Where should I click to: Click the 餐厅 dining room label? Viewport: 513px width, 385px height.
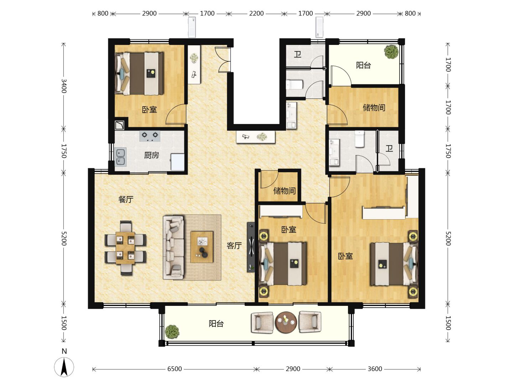[x=126, y=199]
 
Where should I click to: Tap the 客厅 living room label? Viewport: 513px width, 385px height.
[x=234, y=246]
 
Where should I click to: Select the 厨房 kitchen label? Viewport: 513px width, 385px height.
[x=151, y=155]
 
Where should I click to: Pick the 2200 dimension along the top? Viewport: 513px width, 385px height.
[x=256, y=14]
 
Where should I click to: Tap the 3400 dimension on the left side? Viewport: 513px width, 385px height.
[x=64, y=86]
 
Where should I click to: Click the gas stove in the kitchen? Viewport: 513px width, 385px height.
[x=150, y=136]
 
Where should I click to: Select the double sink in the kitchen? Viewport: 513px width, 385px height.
[x=121, y=157]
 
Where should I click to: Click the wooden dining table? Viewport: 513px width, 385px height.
[x=125, y=248]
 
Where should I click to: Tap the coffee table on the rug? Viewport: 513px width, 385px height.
[x=202, y=247]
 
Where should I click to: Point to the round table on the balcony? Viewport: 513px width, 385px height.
[x=286, y=322]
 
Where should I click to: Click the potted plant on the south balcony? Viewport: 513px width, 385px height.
[x=172, y=331]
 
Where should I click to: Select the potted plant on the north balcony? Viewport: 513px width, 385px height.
[x=392, y=52]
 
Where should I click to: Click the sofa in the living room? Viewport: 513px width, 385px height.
[x=173, y=247]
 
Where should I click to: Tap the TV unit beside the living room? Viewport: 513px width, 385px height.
[x=251, y=247]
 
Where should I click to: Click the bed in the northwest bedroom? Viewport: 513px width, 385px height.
[x=139, y=73]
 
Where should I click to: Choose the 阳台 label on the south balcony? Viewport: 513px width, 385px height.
[x=216, y=324]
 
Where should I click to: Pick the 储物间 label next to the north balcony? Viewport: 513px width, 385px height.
[x=374, y=108]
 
